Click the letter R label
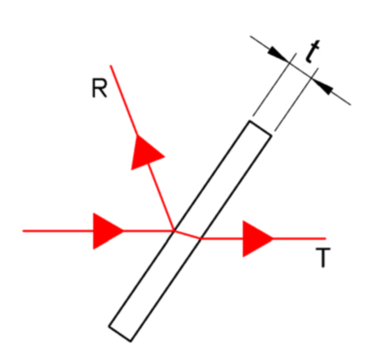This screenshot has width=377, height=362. point(99,89)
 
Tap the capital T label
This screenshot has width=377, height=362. point(323,258)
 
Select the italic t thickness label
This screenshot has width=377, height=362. point(312,51)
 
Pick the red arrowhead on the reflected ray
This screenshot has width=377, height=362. point(145,152)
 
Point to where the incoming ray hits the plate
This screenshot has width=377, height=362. point(174,231)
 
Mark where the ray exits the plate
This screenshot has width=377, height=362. point(201,238)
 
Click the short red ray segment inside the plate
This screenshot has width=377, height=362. point(187,235)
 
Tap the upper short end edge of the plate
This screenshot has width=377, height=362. point(261,129)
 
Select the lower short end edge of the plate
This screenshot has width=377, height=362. point(120,333)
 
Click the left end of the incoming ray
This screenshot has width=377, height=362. point(23,231)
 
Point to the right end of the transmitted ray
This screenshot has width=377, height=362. point(326,238)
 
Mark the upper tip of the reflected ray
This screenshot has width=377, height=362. point(110,66)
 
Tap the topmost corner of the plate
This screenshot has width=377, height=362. point(250,120)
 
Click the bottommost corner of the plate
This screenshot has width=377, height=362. point(131,342)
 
